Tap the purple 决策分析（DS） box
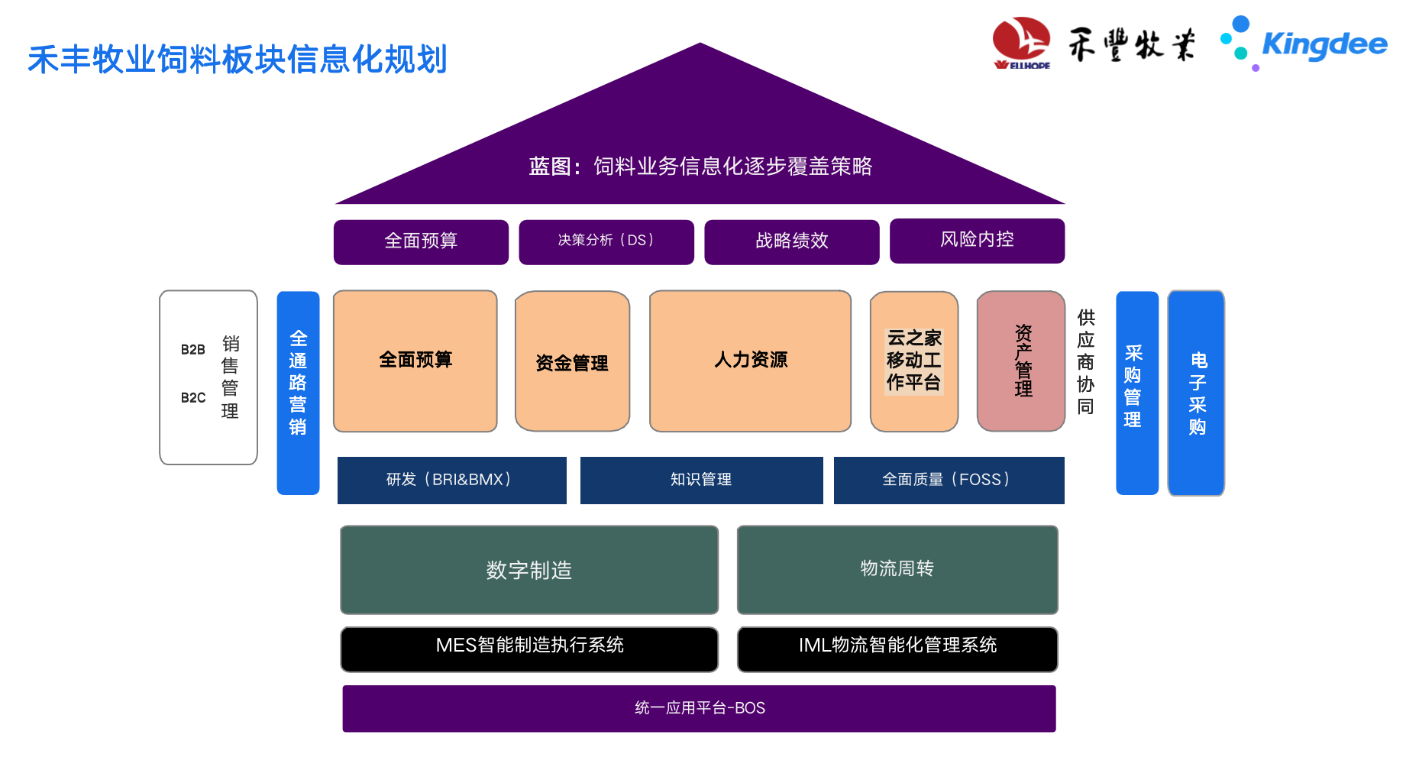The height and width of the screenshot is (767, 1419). tap(606, 241)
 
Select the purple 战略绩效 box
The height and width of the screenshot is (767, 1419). tap(791, 241)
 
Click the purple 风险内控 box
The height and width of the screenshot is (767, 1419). tap(977, 241)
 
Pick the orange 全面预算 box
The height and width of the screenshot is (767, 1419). tap(415, 361)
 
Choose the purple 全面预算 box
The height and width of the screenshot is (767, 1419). tap(421, 241)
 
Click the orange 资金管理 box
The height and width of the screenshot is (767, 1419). tap(572, 361)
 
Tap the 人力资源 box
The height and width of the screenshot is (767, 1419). tap(750, 361)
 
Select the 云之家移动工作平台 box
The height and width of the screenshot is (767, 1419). tap(913, 361)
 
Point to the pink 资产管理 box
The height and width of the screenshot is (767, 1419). tap(1020, 361)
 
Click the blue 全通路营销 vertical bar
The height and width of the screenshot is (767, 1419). tap(298, 393)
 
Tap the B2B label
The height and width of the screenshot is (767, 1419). tap(193, 350)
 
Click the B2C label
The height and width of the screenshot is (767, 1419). tap(193, 398)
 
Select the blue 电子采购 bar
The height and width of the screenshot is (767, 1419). tap(1196, 393)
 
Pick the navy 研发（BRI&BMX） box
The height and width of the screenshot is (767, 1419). tap(451, 480)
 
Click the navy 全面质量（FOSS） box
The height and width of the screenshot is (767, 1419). tap(949, 480)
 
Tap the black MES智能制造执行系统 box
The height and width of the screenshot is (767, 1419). tap(529, 649)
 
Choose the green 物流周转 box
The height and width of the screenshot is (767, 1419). tap(897, 569)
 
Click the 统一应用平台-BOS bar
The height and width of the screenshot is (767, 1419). tap(699, 708)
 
